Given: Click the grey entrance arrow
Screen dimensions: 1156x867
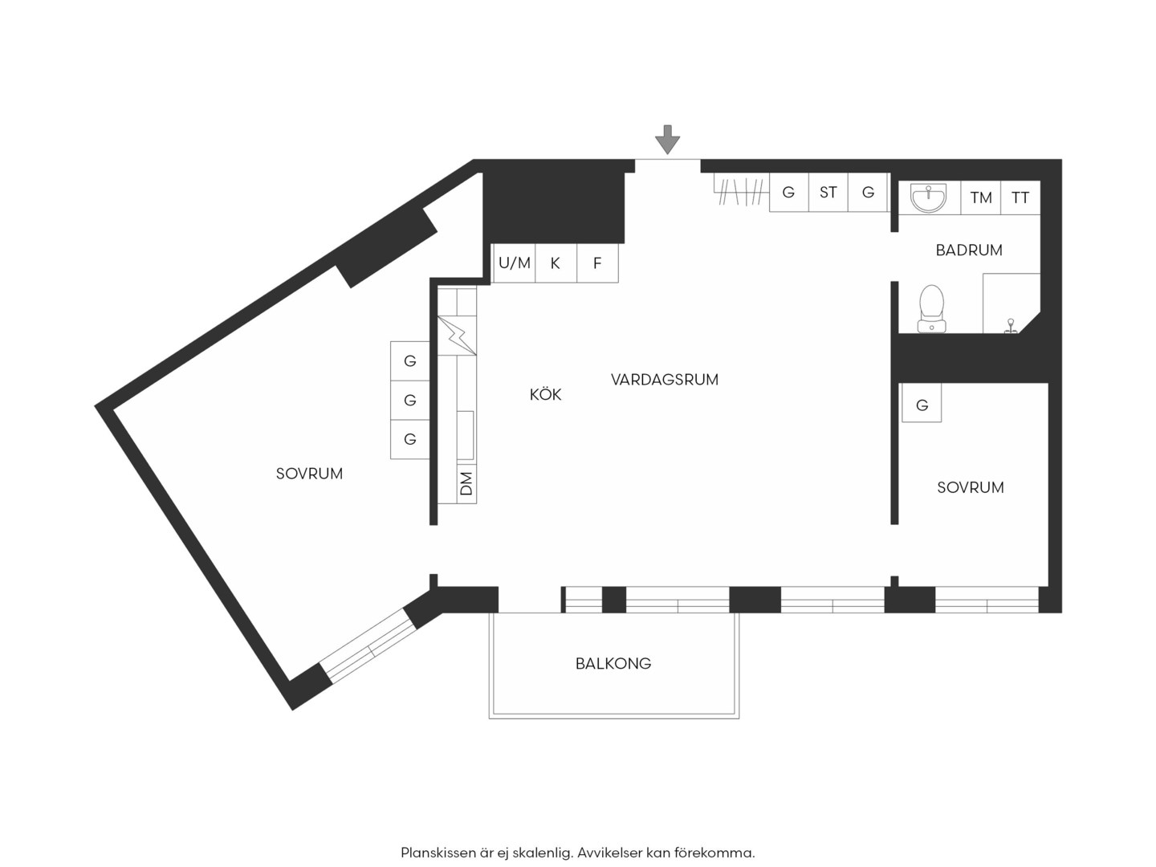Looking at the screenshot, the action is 667,140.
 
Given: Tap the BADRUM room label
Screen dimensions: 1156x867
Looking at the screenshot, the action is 968,250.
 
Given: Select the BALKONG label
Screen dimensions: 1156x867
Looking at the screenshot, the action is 613,663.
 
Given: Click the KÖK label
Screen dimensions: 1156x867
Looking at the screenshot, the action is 546,394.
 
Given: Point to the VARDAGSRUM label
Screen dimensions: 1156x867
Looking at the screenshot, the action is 665,380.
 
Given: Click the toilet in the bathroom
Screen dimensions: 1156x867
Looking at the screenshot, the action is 931,309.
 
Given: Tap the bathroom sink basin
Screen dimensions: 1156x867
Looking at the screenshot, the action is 929,197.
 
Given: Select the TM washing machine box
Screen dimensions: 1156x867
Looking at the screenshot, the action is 981,197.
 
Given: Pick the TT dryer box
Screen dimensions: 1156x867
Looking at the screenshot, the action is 1020,197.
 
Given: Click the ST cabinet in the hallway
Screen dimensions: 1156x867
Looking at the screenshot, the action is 828,192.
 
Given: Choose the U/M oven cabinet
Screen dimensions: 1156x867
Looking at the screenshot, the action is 514,263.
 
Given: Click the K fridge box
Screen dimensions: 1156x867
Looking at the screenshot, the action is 556,263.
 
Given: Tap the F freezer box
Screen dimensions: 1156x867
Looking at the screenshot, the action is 597,263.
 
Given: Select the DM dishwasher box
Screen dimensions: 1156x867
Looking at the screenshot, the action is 466,484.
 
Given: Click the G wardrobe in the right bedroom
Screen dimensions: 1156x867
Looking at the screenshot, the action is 921,403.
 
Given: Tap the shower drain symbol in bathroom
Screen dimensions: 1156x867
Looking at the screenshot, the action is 1011,327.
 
